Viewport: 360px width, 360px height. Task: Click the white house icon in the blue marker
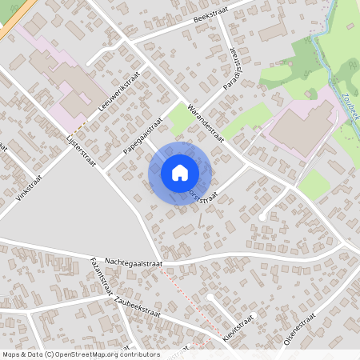pyautogui.click(x=180, y=173)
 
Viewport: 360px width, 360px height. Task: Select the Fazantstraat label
pyautogui.click(x=105, y=277)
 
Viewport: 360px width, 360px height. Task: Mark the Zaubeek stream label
pyautogui.click(x=350, y=106)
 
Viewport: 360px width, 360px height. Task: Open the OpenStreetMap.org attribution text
pyautogui.click(x=80, y=354)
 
